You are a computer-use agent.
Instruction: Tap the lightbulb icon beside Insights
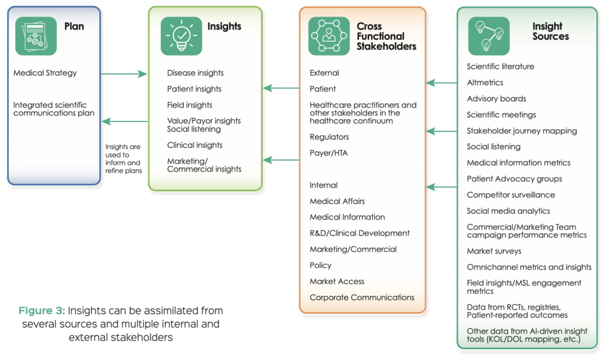click(181, 36)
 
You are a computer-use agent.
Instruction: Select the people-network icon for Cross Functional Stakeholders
click(329, 36)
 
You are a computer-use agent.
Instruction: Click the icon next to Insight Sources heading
click(489, 36)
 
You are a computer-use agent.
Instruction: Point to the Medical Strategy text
click(45, 73)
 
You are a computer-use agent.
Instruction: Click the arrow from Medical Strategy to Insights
click(123, 74)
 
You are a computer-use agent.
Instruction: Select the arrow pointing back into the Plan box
click(125, 122)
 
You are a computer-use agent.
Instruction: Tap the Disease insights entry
click(195, 73)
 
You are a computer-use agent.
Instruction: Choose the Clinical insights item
click(194, 145)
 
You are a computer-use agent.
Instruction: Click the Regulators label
click(329, 137)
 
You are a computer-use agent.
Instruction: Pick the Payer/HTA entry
click(329, 153)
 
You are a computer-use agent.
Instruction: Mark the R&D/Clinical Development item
click(359, 233)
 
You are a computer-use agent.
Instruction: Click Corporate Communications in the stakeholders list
click(362, 297)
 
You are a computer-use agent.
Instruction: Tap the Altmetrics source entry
click(485, 83)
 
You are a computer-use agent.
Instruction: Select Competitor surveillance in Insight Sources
click(510, 195)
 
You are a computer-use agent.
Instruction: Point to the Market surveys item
click(494, 251)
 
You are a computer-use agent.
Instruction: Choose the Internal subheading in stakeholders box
click(324, 186)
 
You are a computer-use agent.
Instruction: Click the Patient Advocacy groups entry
click(514, 179)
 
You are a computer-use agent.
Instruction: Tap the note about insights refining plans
click(123, 159)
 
